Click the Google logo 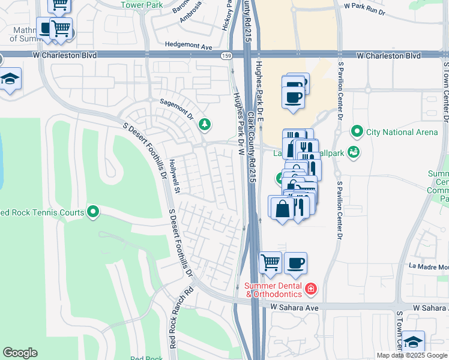[20, 353]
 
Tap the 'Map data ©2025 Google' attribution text [412, 355]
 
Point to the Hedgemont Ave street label [189, 46]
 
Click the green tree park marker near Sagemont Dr [205, 124]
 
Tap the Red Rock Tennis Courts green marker [93, 211]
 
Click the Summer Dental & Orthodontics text [275, 289]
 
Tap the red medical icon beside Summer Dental [310, 289]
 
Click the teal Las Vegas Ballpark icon [354, 152]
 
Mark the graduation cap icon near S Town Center [413, 342]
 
